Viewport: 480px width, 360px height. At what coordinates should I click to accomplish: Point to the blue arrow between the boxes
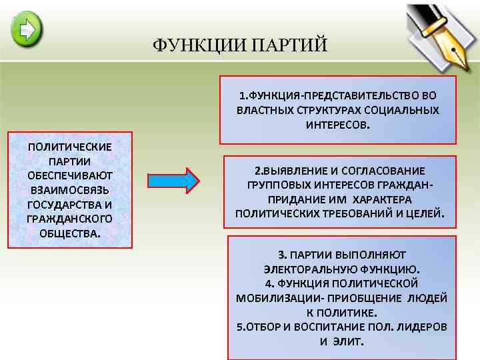[x=173, y=180]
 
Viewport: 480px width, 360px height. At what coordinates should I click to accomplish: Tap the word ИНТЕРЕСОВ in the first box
[x=337, y=125]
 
